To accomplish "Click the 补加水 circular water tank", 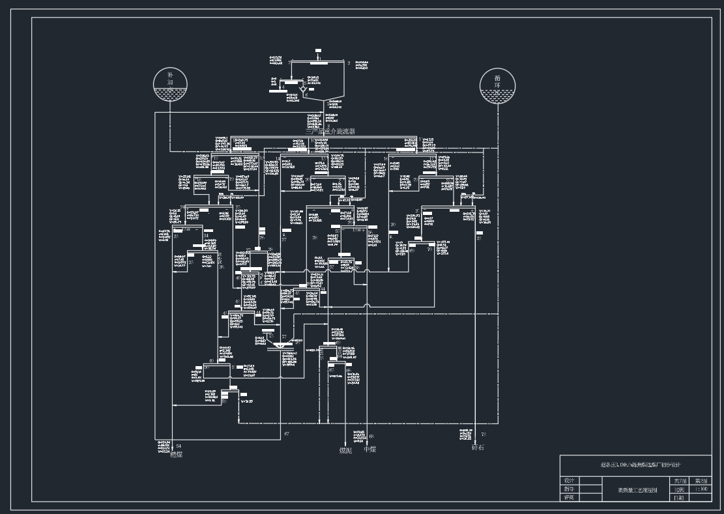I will [170, 86].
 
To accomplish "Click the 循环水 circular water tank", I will [497, 87].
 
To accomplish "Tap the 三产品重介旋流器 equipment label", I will [326, 132].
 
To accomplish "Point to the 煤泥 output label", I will [345, 450].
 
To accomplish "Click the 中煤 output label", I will [369, 450].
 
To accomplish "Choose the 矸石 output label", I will [478, 448].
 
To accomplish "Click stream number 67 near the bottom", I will [286, 433].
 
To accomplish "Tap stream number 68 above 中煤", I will [371, 436].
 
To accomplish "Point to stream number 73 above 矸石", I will [483, 434].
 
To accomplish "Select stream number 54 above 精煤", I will [179, 446].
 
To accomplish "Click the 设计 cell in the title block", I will [569, 480].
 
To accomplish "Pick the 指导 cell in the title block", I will [569, 489].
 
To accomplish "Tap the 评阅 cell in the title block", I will [569, 497].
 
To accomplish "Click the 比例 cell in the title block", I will [679, 489].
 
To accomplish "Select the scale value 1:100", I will [701, 489].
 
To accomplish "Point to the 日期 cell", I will [679, 497].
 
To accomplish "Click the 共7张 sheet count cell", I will [679, 480].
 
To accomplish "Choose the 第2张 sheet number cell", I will [701, 480].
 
